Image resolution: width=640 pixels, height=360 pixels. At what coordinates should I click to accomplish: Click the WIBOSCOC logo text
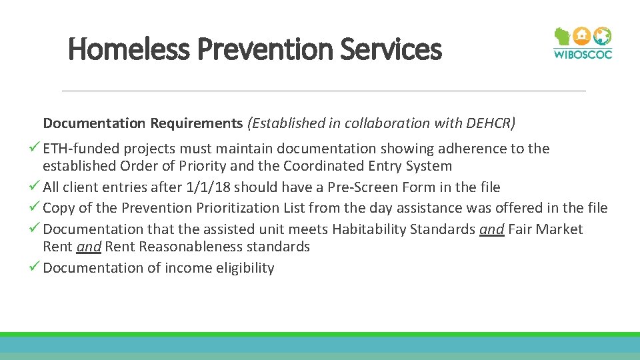pyautogui.click(x=582, y=54)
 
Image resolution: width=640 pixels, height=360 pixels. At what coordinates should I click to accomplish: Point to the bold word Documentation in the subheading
pyautogui.click(x=94, y=123)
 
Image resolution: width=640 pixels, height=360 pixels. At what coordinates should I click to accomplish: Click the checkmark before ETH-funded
pyautogui.click(x=36, y=149)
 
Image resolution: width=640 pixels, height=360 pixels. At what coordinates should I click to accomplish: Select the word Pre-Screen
pyautogui.click(x=361, y=187)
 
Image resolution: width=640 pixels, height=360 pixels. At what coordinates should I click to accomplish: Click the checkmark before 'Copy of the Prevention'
pyautogui.click(x=36, y=207)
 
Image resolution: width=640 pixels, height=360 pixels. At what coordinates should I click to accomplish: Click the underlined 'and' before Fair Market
pyautogui.click(x=491, y=229)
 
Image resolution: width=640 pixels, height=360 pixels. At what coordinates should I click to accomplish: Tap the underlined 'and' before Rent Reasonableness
pyautogui.click(x=88, y=247)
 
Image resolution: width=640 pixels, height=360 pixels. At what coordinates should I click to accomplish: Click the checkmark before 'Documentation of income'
pyautogui.click(x=36, y=267)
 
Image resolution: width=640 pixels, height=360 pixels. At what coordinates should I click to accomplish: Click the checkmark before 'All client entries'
pyautogui.click(x=36, y=187)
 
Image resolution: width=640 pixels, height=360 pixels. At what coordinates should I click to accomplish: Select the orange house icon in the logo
pyautogui.click(x=582, y=36)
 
